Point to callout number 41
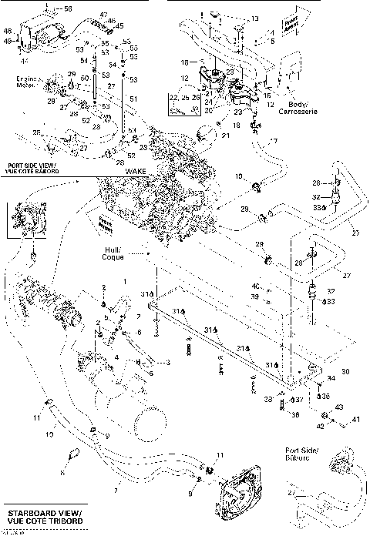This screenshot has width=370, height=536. pyautogui.click(x=356, y=420)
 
